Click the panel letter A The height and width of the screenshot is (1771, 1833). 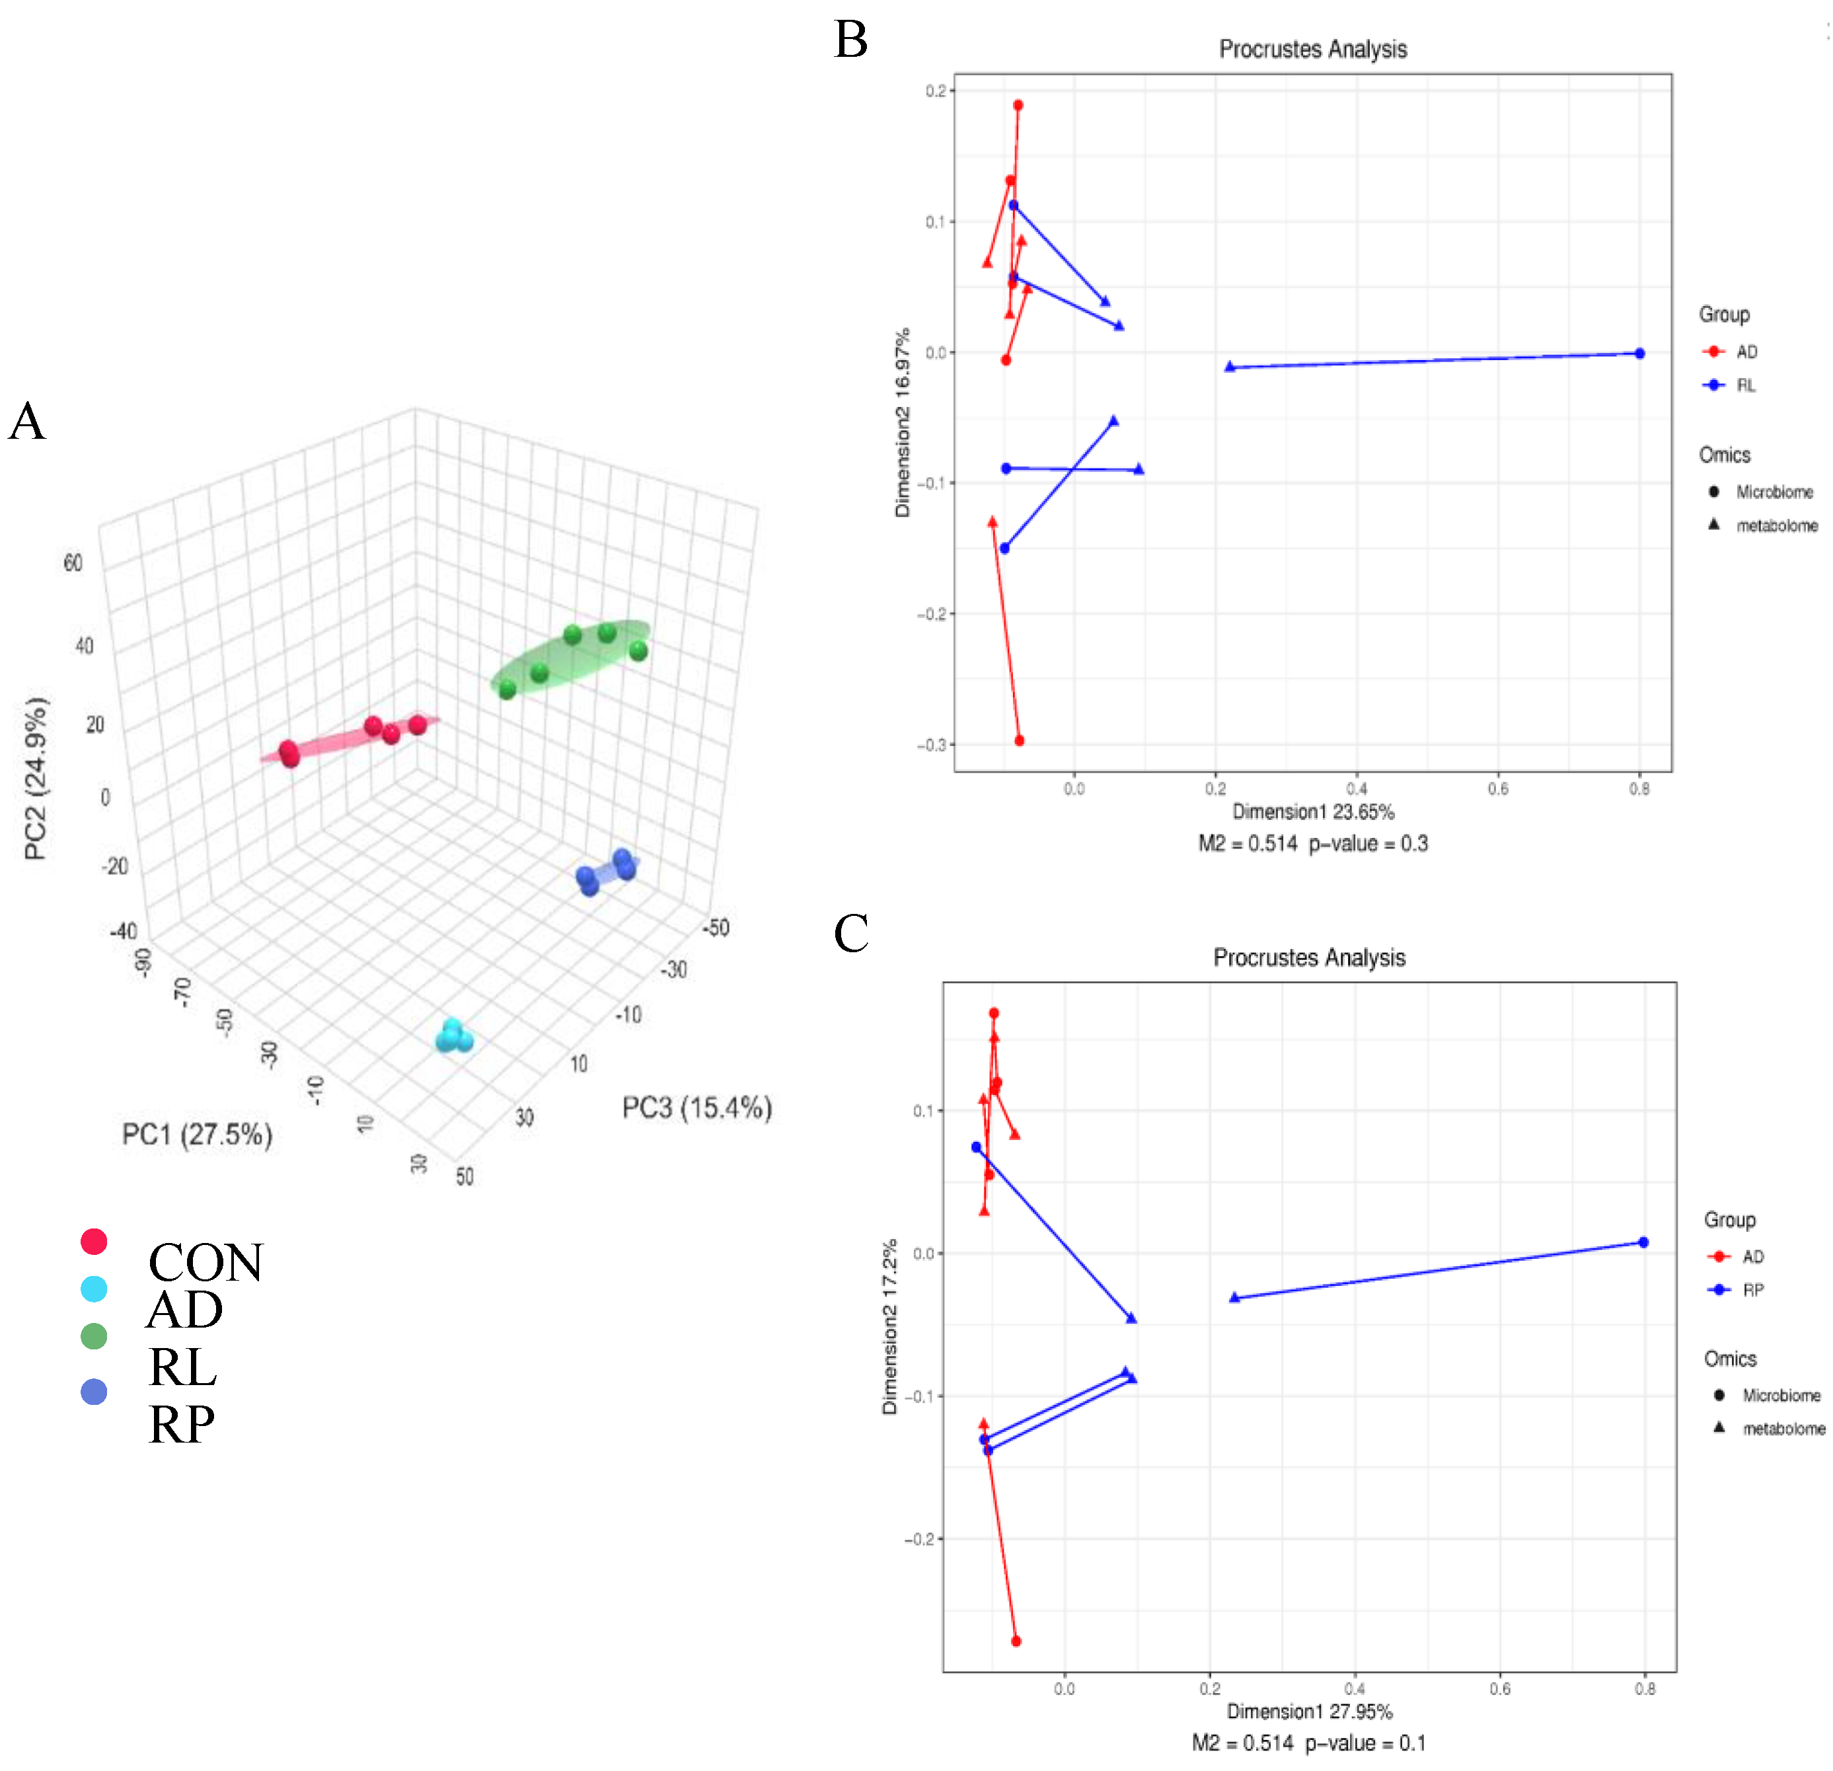click(x=27, y=422)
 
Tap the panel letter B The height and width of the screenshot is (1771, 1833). click(x=850, y=40)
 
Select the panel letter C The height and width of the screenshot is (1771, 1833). click(x=850, y=933)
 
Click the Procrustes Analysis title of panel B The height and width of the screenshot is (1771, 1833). click(x=1312, y=50)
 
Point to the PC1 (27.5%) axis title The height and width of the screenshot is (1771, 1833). click(x=198, y=1134)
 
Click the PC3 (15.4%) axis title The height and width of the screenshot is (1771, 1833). click(x=696, y=1108)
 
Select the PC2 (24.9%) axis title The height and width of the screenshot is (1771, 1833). click(x=36, y=778)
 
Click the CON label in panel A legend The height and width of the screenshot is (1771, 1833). click(x=206, y=1262)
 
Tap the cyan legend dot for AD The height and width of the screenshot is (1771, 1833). click(x=94, y=1289)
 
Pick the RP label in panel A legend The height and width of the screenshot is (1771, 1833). click(x=182, y=1424)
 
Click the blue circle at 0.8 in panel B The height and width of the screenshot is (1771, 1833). click(x=1639, y=354)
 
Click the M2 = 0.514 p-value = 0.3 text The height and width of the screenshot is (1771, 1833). click(x=1312, y=843)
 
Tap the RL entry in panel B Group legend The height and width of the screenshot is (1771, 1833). click(x=1745, y=385)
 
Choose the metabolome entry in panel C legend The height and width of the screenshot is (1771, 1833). click(x=1783, y=1429)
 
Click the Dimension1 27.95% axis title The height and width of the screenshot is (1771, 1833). click(x=1309, y=1711)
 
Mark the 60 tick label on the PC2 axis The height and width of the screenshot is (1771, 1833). click(x=73, y=562)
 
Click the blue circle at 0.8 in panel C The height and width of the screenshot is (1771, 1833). click(x=1643, y=1243)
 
